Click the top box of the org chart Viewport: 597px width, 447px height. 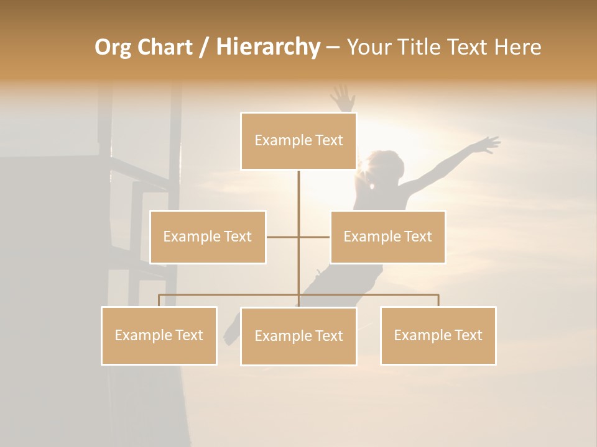pos(298,141)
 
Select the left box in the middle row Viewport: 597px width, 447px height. pos(208,237)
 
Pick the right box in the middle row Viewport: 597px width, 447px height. pos(387,237)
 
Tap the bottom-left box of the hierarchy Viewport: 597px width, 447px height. pos(159,335)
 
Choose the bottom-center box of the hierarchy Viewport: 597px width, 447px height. pos(298,336)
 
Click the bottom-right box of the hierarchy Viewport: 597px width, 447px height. pos(438,335)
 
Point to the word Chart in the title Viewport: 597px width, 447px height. pos(165,47)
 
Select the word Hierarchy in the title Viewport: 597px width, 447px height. pos(267,47)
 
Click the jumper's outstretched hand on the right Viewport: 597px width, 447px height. pos(488,145)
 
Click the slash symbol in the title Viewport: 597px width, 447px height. pos(203,48)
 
